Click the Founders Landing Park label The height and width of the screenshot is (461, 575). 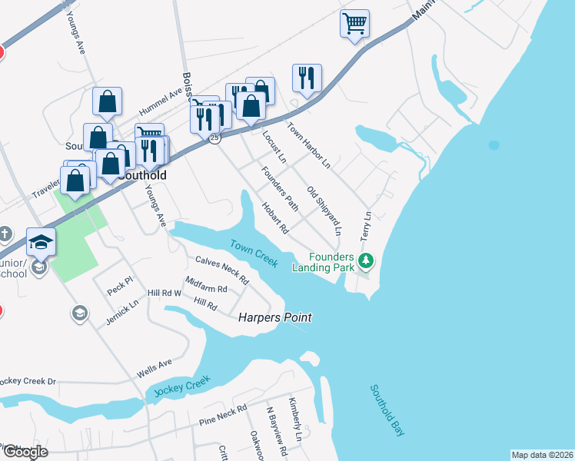[322, 262]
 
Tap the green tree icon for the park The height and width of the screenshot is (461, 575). [367, 262]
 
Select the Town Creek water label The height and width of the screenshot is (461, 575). [253, 253]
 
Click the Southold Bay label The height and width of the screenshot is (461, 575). [387, 410]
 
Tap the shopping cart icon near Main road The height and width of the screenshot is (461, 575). [354, 23]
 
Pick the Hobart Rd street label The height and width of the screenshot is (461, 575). [274, 218]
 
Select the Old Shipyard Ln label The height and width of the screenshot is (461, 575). [323, 210]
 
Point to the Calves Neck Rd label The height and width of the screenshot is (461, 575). [222, 267]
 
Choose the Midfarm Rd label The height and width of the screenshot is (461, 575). [206, 288]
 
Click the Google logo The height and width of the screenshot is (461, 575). [25, 452]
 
